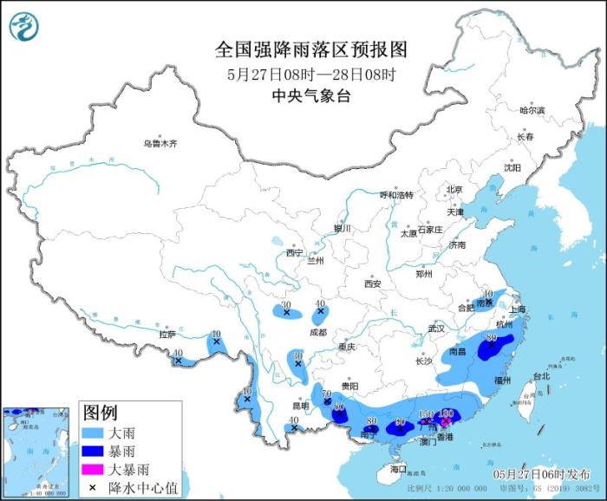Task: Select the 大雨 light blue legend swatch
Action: tap(95, 431)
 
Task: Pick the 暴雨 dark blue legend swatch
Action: tap(95, 451)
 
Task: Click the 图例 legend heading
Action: tap(101, 410)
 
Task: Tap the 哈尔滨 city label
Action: tap(532, 110)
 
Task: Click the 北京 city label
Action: tap(454, 190)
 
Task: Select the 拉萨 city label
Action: tap(166, 334)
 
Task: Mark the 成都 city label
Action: tap(317, 332)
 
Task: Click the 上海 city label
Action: tap(519, 309)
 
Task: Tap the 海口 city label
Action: tap(398, 469)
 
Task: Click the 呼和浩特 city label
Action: tap(397, 194)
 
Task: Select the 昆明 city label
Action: tap(300, 405)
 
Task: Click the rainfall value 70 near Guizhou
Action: tap(327, 394)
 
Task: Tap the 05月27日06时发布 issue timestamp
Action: tap(538, 474)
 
